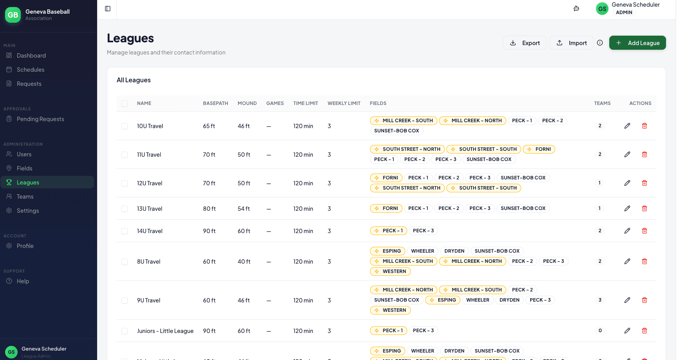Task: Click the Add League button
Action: tap(637, 43)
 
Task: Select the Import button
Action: tap(571, 43)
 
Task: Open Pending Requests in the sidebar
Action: tap(40, 119)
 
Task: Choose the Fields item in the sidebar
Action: tap(24, 168)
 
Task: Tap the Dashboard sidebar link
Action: tap(31, 56)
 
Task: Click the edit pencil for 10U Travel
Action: tap(627, 126)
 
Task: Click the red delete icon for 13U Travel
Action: tap(644, 208)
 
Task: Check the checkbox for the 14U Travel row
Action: tap(125, 231)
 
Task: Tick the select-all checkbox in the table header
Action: tap(125, 103)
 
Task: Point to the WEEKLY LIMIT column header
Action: tap(344, 103)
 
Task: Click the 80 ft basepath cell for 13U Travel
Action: tap(209, 209)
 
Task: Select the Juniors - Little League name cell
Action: tap(165, 331)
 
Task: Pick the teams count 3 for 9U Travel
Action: tap(599, 300)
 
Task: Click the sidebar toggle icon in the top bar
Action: tap(108, 9)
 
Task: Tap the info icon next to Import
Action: tap(599, 43)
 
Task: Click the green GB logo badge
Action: tap(13, 15)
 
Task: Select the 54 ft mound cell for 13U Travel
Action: tap(244, 209)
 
